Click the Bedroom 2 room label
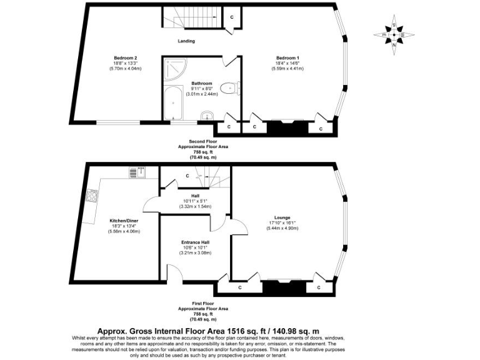click(126, 58)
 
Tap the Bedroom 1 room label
click(287, 58)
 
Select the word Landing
click(186, 41)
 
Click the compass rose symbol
click(394, 34)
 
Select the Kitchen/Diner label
click(126, 221)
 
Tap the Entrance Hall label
click(196, 242)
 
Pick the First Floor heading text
click(203, 304)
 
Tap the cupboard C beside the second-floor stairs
click(232, 17)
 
